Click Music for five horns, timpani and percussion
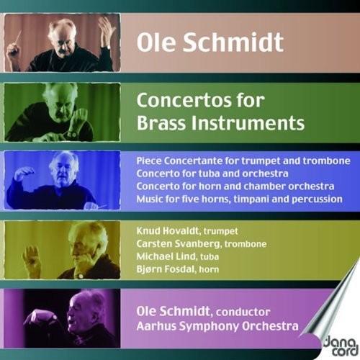(238, 199)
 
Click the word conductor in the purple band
(243, 313)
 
